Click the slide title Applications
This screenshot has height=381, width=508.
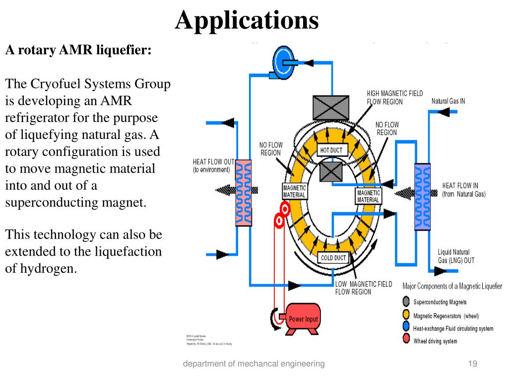pos(247,20)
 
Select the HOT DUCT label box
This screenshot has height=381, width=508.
pos(331,150)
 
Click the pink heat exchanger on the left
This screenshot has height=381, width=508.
pos(243,192)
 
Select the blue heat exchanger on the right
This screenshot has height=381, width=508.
pos(422,196)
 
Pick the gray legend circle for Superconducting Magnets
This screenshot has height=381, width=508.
pos(406,302)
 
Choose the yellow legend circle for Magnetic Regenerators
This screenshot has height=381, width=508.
pos(406,315)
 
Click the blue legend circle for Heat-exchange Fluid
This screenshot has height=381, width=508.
pos(406,328)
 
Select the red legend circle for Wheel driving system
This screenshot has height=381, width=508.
pos(406,341)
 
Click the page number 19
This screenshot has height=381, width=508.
pos(472,364)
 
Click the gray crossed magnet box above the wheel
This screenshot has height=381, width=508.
pos(330,107)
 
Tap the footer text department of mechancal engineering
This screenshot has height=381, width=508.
pos(254,364)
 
